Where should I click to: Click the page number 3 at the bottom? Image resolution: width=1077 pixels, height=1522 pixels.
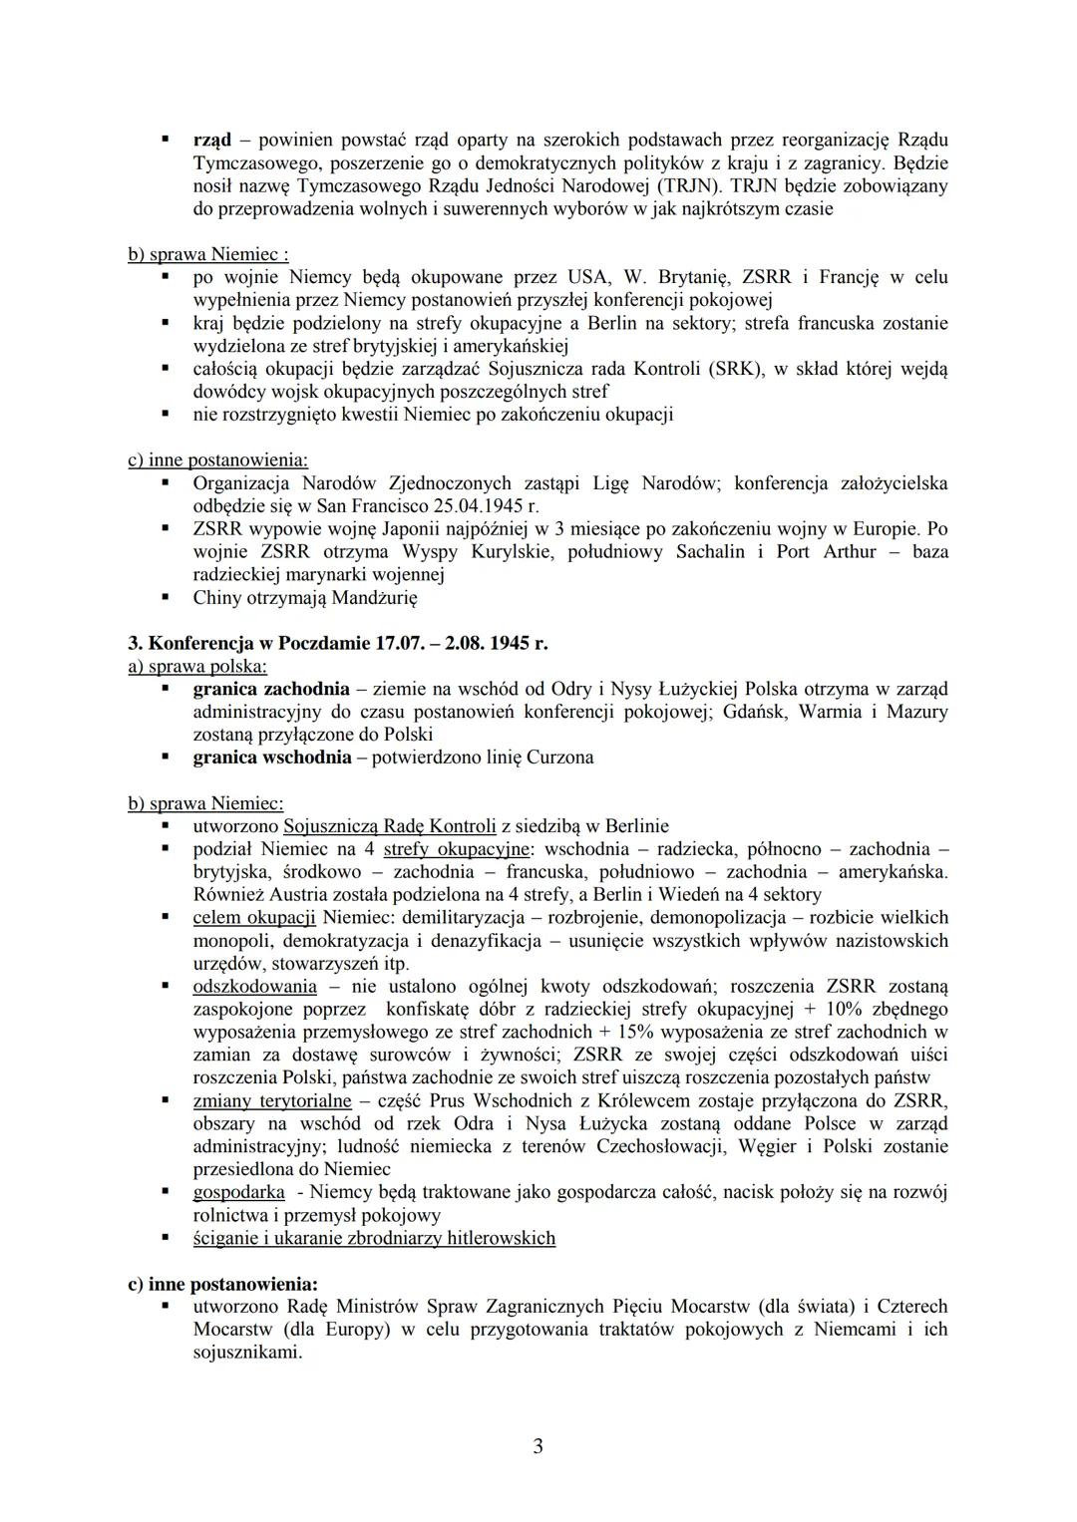[x=538, y=1445]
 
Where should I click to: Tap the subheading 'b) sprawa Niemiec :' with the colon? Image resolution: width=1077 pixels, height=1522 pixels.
[x=208, y=254]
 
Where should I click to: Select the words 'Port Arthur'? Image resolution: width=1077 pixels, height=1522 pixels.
[x=821, y=551]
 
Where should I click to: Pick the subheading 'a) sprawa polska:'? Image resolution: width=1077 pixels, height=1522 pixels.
[x=197, y=666]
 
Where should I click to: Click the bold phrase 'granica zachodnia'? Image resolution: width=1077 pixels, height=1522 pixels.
[x=271, y=689]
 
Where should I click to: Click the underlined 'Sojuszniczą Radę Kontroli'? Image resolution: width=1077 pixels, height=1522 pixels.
[x=389, y=826]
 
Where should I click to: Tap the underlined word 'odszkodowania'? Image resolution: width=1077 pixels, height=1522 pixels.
[x=254, y=987]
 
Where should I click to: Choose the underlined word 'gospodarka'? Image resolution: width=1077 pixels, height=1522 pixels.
[x=238, y=1192]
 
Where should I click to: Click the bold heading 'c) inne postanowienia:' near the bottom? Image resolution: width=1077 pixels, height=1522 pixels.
[x=222, y=1284]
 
